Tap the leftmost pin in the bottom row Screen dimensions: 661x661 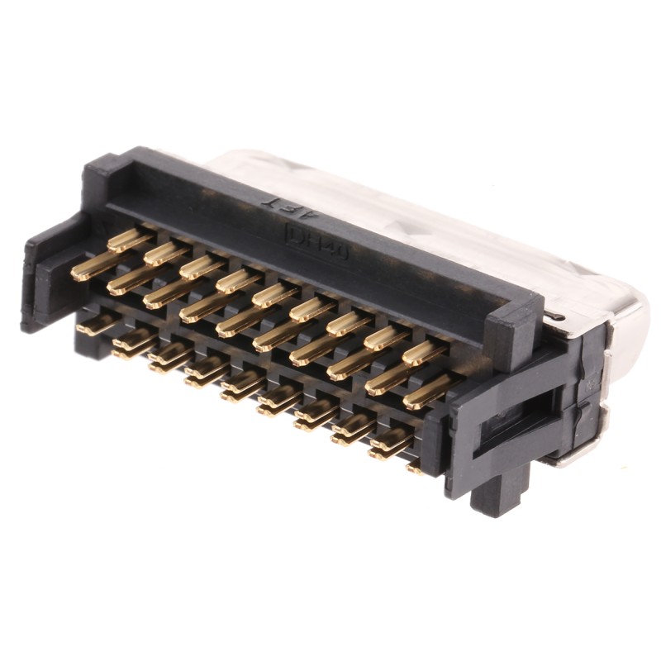coord(96,325)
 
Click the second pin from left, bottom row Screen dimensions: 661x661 coord(132,340)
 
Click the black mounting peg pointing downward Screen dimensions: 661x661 coord(505,487)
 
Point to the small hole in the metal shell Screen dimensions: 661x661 coord(561,316)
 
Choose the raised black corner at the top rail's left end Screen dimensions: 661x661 coord(103,178)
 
